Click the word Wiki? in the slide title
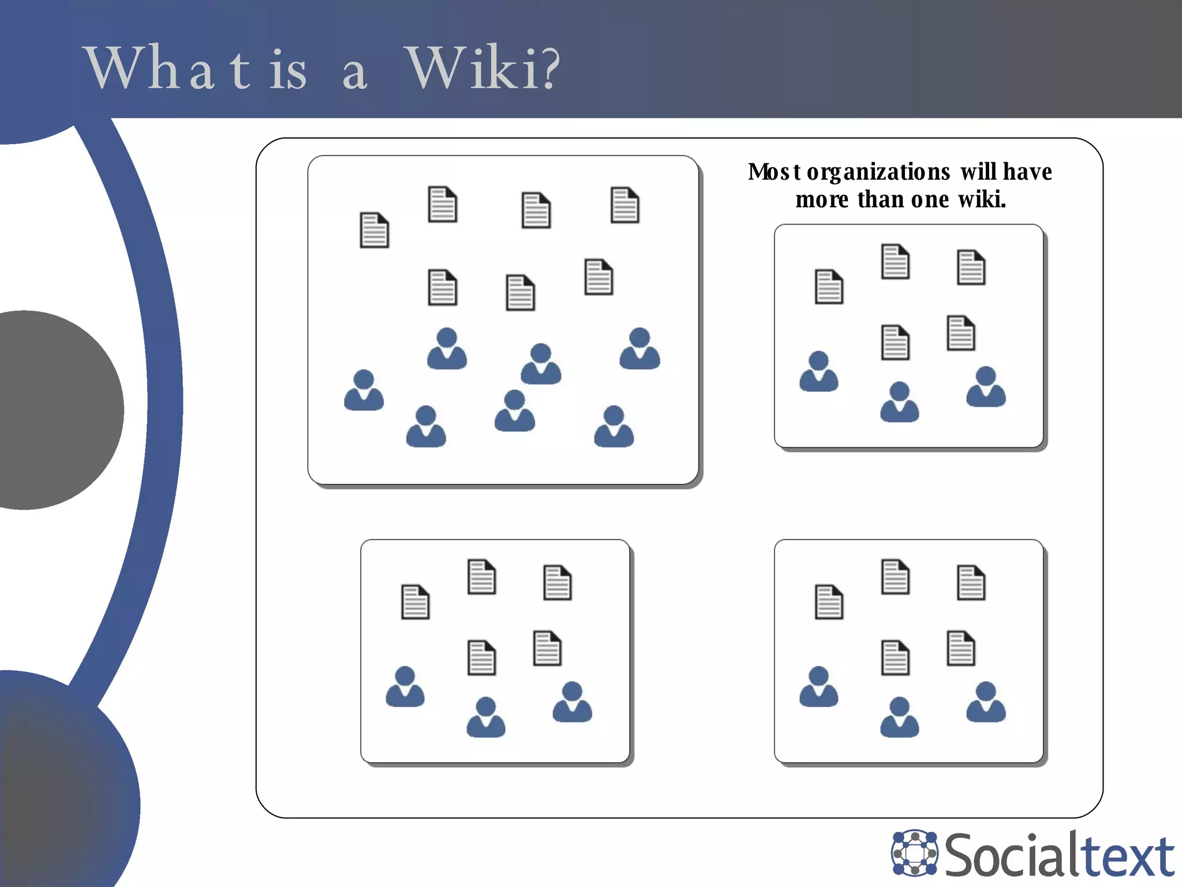(x=484, y=69)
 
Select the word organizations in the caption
(x=878, y=173)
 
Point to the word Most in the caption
(x=774, y=172)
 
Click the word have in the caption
(x=1027, y=172)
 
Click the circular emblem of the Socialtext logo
(x=915, y=852)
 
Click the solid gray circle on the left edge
(x=35, y=410)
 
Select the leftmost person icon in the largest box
(x=364, y=390)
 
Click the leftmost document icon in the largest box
(x=375, y=230)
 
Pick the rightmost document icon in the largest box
(x=625, y=204)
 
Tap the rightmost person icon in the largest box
(x=639, y=349)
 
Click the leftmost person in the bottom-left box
(x=405, y=687)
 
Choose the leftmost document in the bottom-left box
(x=416, y=602)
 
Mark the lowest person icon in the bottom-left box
(x=486, y=717)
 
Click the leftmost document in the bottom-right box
(x=829, y=602)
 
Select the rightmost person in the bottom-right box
(x=986, y=702)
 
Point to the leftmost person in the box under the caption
(x=818, y=371)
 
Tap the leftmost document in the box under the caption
(x=829, y=286)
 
